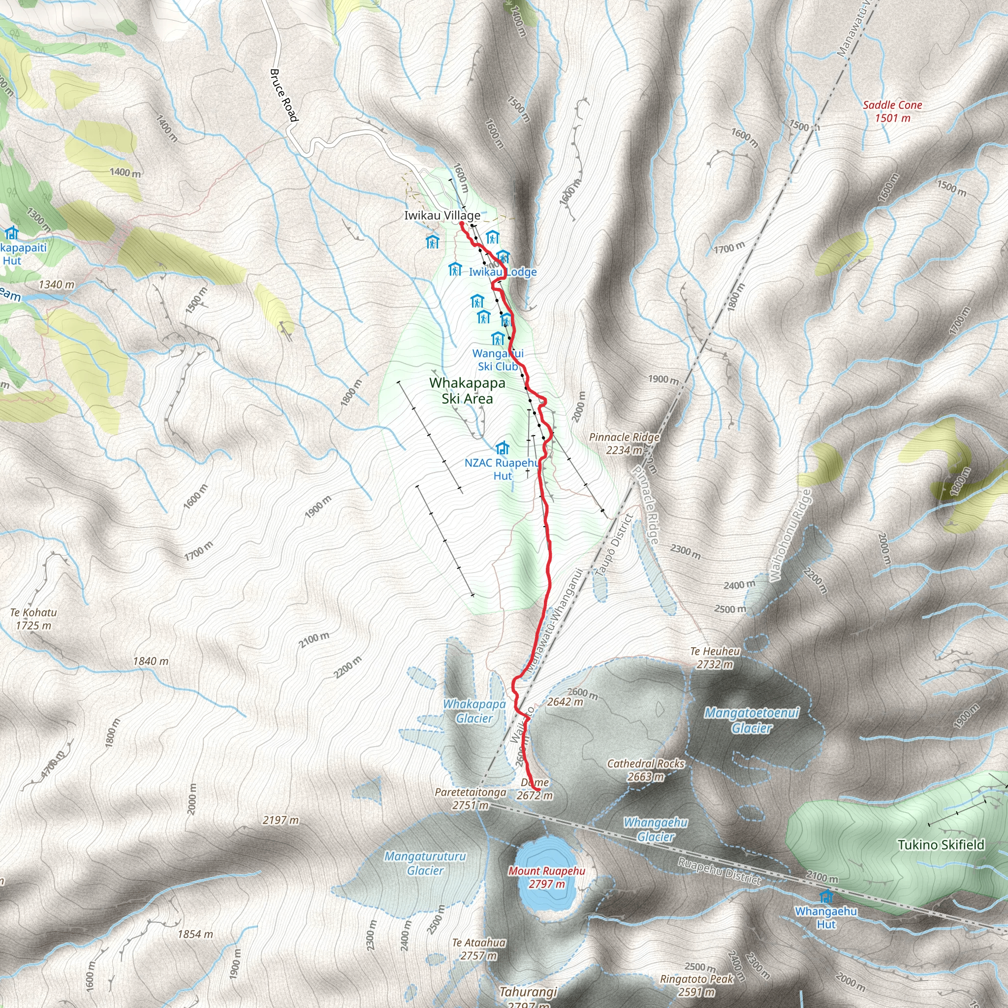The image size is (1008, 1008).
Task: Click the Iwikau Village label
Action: (x=442, y=216)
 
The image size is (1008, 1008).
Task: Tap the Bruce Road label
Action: (x=284, y=95)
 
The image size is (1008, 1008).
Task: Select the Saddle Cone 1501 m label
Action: (x=892, y=112)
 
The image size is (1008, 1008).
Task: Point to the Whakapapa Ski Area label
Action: (x=467, y=391)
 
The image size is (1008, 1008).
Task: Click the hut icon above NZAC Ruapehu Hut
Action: (x=502, y=448)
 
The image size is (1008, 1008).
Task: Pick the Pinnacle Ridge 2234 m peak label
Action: (x=624, y=443)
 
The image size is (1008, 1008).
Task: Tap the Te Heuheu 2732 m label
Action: (x=715, y=658)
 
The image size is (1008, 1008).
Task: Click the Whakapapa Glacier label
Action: (x=474, y=711)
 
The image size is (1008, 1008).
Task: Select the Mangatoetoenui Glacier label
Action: (x=751, y=721)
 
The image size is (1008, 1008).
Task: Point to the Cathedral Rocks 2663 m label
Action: (x=645, y=770)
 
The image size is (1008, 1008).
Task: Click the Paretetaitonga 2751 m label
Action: (x=471, y=799)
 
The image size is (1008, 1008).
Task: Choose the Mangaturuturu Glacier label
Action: (x=425, y=863)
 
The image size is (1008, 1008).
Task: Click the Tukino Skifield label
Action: (x=941, y=845)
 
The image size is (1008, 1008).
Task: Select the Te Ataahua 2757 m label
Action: (x=478, y=949)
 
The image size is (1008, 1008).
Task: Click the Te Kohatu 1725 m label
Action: (x=33, y=619)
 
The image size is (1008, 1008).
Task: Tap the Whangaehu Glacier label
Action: (x=655, y=829)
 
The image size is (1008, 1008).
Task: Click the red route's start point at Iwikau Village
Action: (x=462, y=224)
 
